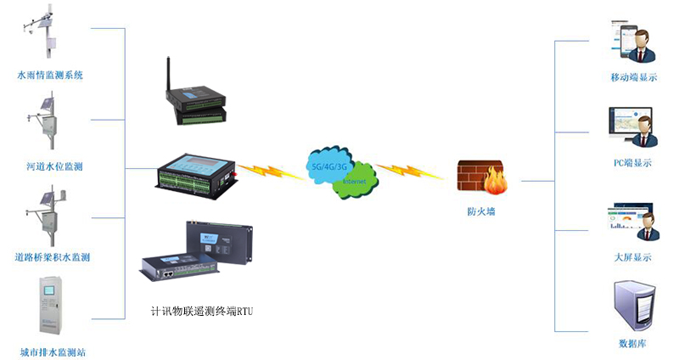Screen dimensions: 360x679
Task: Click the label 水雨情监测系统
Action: [x=50, y=76]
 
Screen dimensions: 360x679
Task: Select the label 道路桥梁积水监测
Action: [x=53, y=256]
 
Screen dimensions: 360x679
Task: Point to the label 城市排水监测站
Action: [x=53, y=351]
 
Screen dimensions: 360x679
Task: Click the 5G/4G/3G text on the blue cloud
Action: [x=329, y=165]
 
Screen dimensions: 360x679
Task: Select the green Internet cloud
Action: [x=356, y=183]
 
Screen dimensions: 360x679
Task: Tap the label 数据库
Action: [x=633, y=344]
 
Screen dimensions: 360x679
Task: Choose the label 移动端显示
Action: [x=633, y=77]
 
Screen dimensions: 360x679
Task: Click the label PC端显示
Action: [x=633, y=163]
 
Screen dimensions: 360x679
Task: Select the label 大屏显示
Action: [x=633, y=256]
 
